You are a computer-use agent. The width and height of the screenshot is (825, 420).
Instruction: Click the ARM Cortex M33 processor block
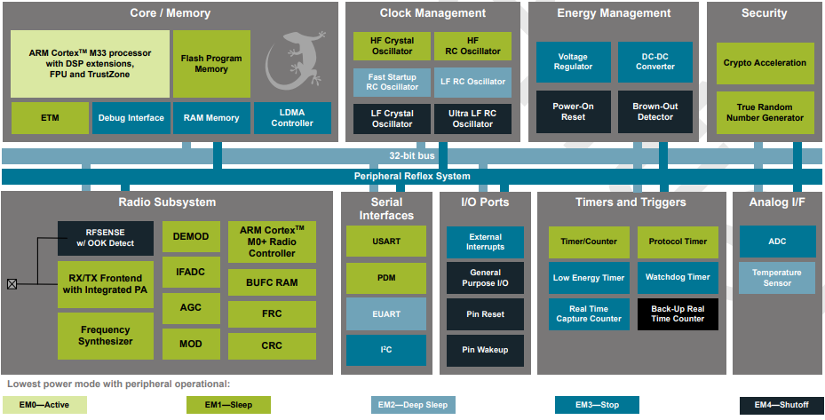click(x=90, y=64)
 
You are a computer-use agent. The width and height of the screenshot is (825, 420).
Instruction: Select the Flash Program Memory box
click(x=211, y=64)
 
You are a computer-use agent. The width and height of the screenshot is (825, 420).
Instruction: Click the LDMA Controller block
click(x=292, y=118)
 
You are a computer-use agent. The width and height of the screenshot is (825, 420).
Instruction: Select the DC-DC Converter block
click(x=654, y=62)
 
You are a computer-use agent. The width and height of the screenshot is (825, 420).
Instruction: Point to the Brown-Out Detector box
click(x=654, y=112)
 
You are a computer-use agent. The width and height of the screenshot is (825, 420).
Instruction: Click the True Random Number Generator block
click(x=765, y=113)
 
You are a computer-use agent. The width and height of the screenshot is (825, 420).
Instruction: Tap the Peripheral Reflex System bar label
click(x=412, y=176)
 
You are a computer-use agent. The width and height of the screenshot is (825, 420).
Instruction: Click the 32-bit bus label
click(x=412, y=156)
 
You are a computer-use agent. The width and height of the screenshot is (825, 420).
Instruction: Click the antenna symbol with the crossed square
click(x=12, y=284)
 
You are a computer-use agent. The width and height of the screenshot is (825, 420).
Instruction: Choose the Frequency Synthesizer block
click(x=105, y=336)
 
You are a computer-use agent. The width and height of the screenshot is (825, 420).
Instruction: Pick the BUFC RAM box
click(x=272, y=283)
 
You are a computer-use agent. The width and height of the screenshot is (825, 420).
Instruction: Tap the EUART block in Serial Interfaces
click(x=386, y=313)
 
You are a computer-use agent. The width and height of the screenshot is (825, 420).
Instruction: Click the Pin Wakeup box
click(x=485, y=350)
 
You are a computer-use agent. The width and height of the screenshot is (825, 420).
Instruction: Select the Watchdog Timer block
click(x=678, y=278)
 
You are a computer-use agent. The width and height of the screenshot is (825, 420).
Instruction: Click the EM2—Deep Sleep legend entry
click(x=413, y=405)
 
